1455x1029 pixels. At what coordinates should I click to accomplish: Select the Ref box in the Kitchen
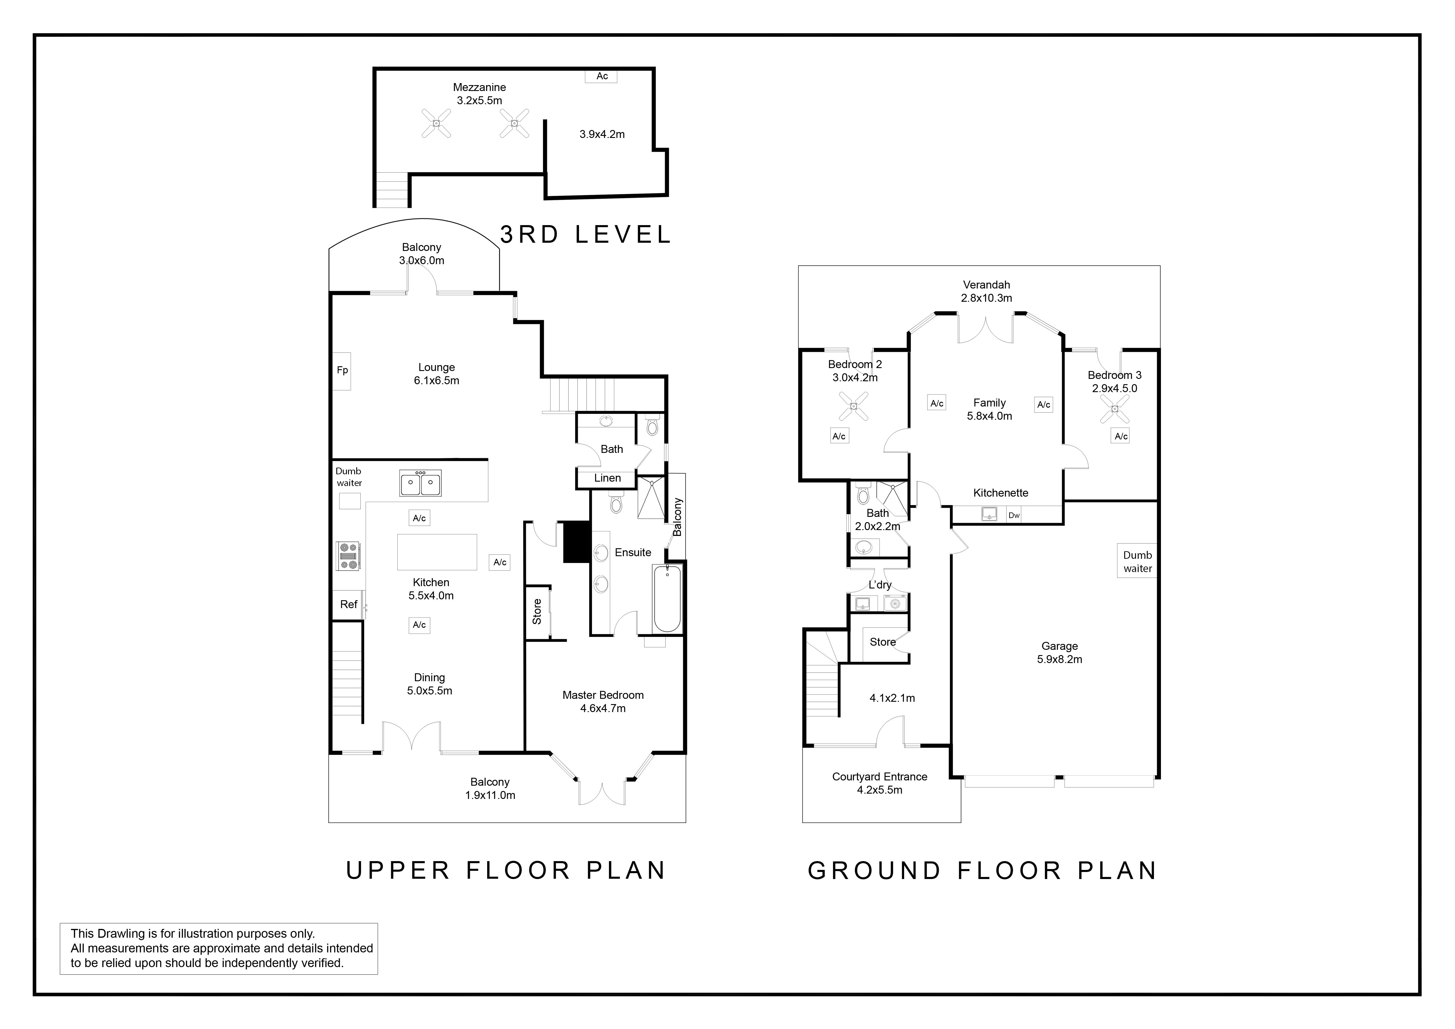(349, 605)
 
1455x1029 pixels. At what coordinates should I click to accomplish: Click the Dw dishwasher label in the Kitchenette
(1014, 515)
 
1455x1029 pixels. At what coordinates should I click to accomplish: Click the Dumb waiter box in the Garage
(1137, 561)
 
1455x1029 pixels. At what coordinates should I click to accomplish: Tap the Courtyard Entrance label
(880, 777)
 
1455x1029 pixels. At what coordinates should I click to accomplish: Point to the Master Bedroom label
(603, 695)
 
